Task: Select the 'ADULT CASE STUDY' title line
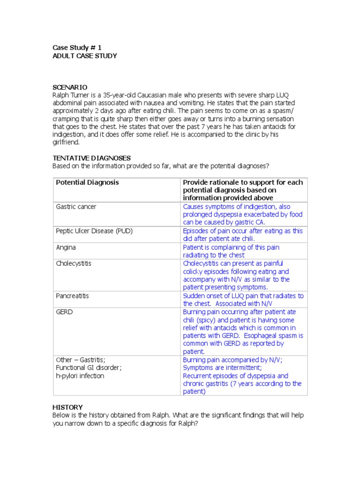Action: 84,56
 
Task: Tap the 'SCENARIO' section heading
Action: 69,87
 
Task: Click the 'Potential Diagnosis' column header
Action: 87,182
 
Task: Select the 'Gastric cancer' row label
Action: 76,207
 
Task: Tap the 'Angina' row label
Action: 66,247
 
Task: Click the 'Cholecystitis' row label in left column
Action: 74,263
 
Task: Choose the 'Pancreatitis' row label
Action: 72,296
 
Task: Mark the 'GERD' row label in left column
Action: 65,312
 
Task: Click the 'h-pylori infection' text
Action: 80,376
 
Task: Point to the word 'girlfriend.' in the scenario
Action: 66,142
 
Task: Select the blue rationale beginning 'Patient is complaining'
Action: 231,251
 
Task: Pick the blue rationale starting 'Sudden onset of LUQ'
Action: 243,300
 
